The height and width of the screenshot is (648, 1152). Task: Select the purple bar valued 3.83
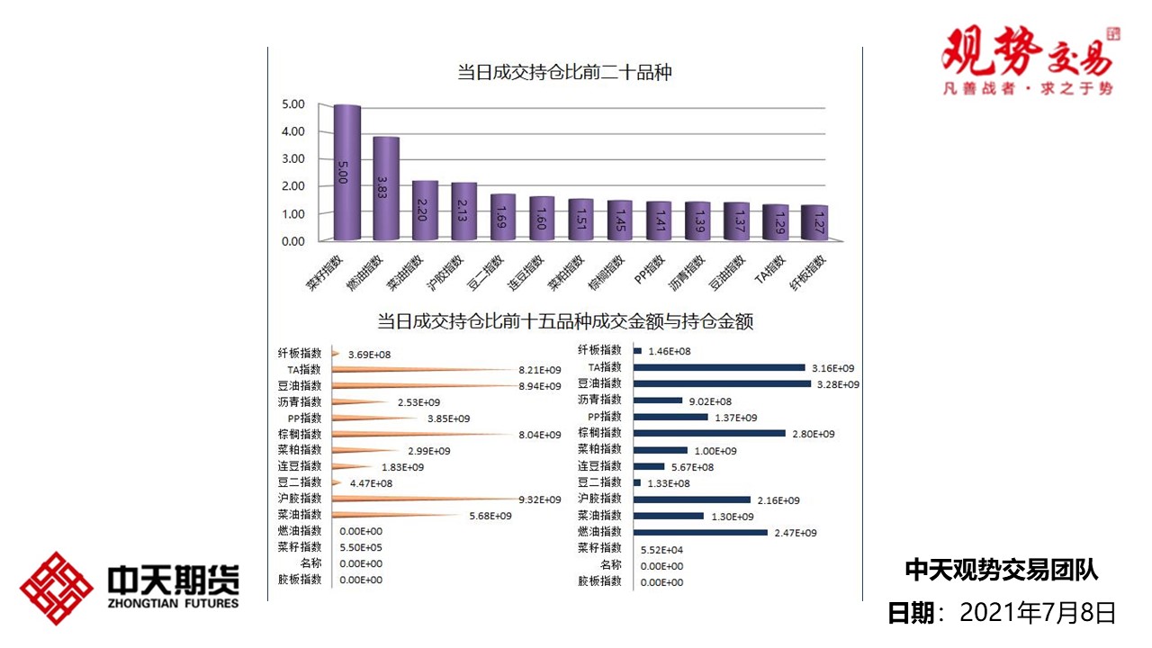pyautogui.click(x=386, y=189)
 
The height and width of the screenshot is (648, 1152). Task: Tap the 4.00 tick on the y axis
pyautogui.click(x=293, y=131)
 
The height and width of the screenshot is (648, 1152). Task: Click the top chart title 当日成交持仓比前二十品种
pyautogui.click(x=564, y=73)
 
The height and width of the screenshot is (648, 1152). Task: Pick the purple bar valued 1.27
pyautogui.click(x=814, y=223)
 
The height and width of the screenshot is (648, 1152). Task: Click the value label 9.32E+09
pyautogui.click(x=539, y=499)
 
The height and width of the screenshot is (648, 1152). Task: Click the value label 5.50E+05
pyautogui.click(x=361, y=547)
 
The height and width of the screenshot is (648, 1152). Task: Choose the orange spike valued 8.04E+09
pyautogui.click(x=423, y=434)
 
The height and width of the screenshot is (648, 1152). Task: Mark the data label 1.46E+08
pyautogui.click(x=670, y=351)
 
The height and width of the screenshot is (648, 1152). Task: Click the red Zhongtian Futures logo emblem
pyautogui.click(x=57, y=588)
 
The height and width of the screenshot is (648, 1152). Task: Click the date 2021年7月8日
pyautogui.click(x=1038, y=613)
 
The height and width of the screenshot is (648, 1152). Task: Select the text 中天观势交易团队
pyautogui.click(x=1001, y=570)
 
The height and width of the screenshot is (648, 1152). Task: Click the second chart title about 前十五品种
pyautogui.click(x=564, y=320)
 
